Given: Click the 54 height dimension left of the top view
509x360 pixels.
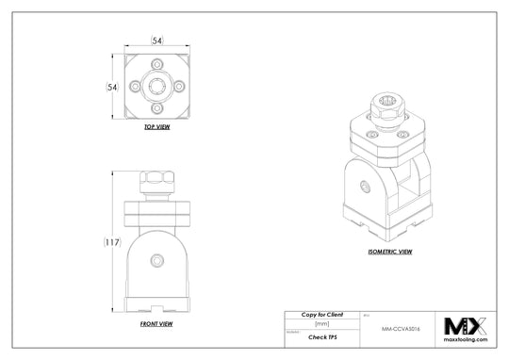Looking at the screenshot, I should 111,86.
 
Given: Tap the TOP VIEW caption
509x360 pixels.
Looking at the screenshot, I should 156,126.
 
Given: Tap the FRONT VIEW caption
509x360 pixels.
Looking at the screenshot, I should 156,323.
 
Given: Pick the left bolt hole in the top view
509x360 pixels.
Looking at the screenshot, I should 138,86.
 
